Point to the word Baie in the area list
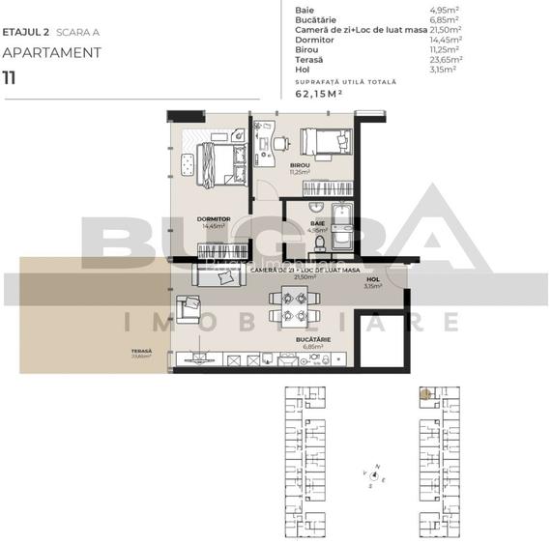[x=304, y=9]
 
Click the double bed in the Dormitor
[x=219, y=161]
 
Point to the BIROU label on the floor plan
[x=300, y=165]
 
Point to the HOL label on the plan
[x=373, y=279]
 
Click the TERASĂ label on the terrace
[x=142, y=350]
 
